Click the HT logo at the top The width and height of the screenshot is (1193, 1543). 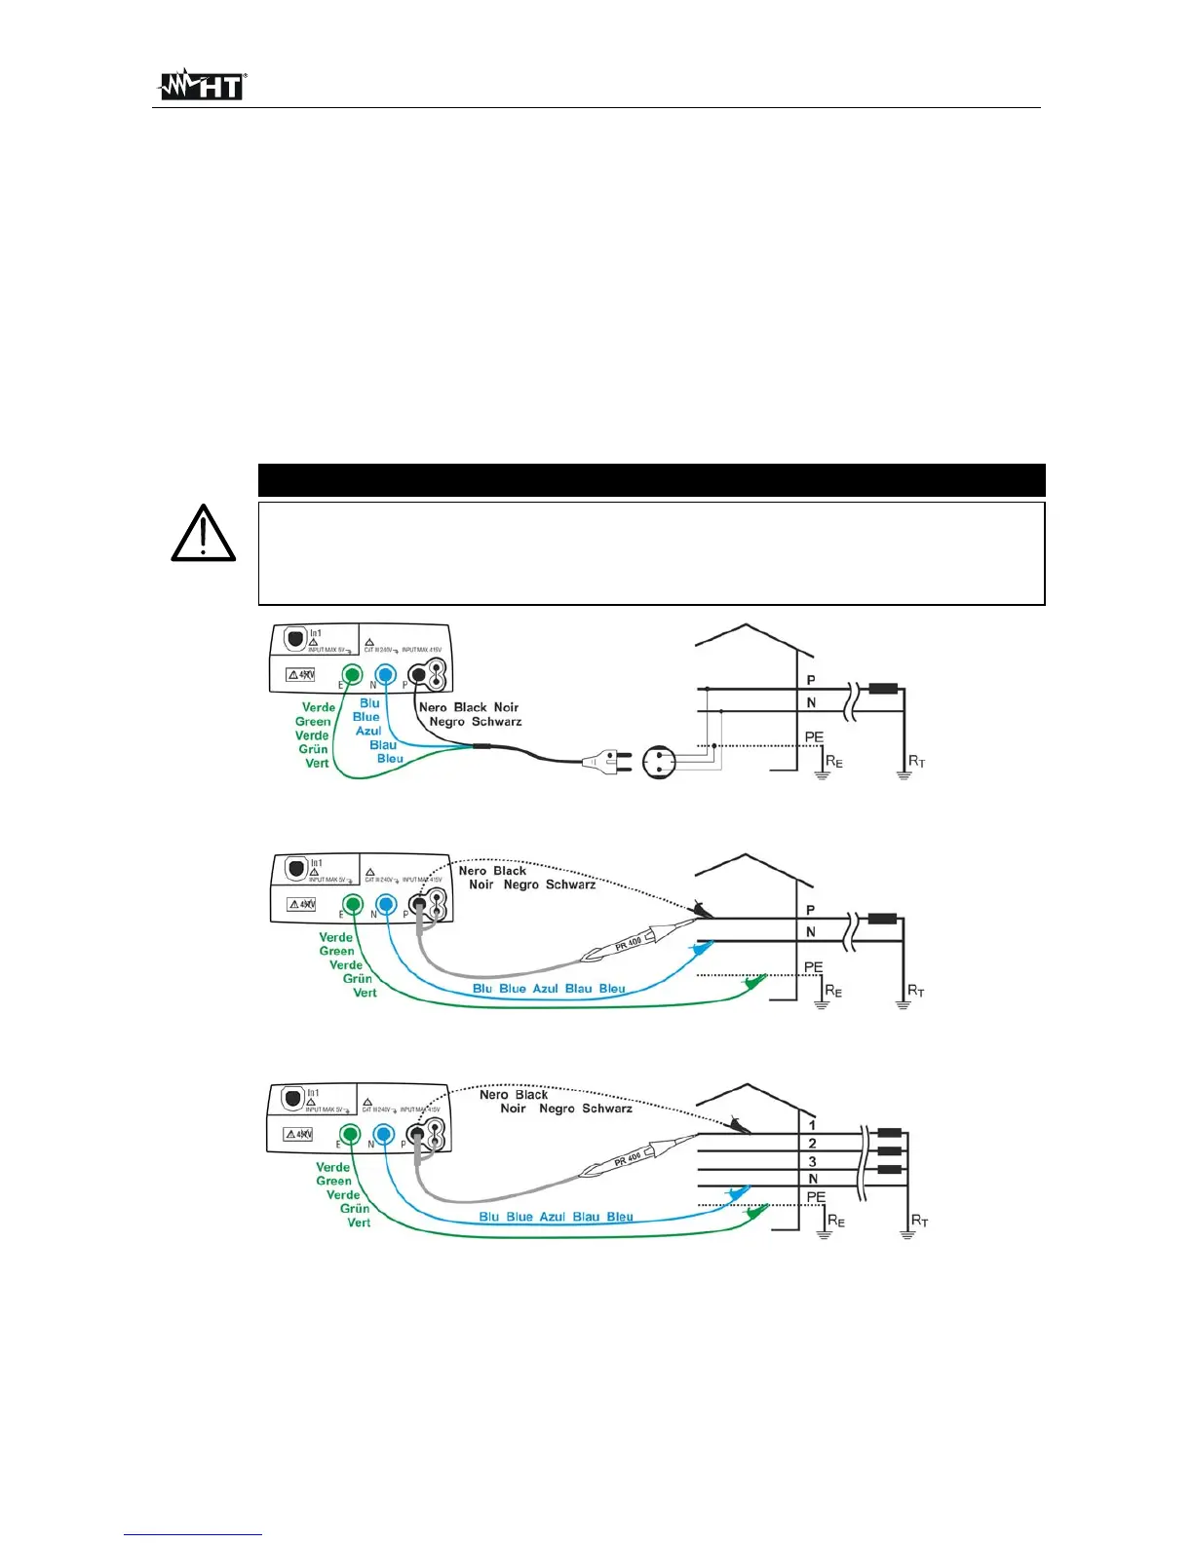(202, 86)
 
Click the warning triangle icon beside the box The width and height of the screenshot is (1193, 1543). (203, 534)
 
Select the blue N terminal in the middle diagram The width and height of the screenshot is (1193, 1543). (386, 905)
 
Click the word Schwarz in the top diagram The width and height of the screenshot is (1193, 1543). (496, 722)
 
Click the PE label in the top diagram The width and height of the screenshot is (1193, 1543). (814, 737)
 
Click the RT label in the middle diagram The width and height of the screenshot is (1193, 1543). (916, 991)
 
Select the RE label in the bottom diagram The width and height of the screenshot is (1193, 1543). (835, 1221)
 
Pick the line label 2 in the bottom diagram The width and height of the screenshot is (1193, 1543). (812, 1143)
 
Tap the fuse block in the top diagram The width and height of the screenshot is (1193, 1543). (883, 689)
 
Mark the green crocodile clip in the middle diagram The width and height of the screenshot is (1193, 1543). (754, 983)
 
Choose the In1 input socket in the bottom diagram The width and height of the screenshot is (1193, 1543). (291, 1099)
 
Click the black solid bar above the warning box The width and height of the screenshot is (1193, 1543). (651, 480)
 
